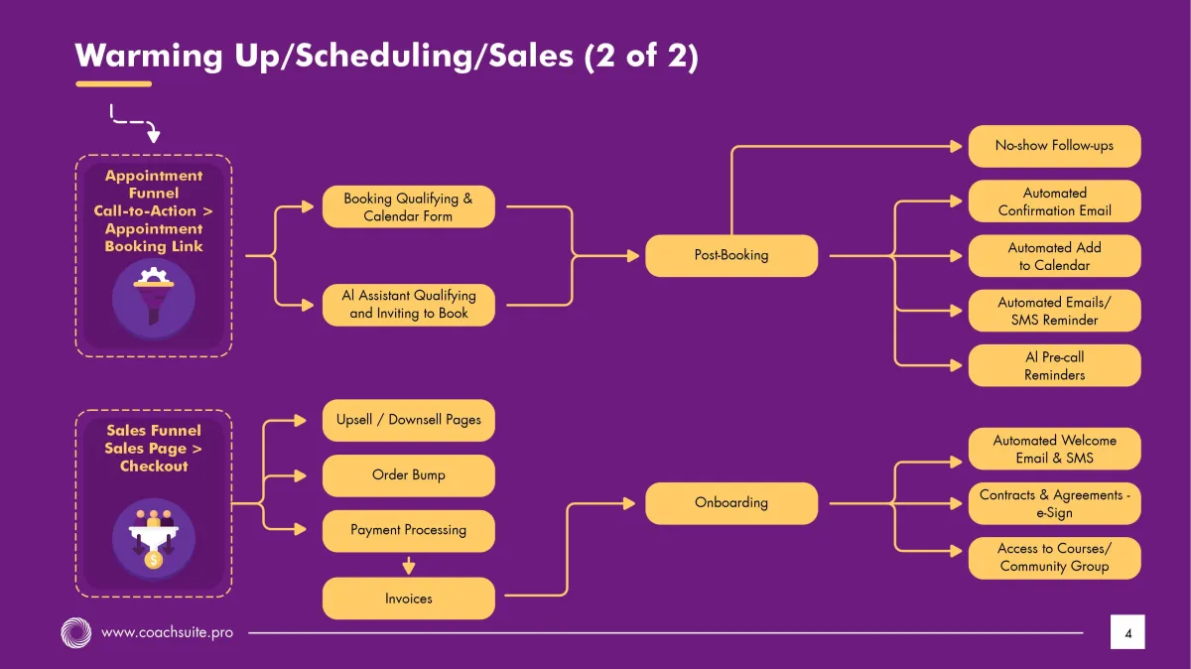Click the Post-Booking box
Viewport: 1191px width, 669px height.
click(731, 255)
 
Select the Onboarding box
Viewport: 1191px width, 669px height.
click(731, 502)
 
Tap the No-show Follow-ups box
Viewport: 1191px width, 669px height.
click(1054, 146)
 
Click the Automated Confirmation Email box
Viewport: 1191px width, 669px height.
click(1054, 201)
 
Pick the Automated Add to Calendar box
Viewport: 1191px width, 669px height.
click(1054, 256)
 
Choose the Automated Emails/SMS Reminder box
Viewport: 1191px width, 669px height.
click(1054, 311)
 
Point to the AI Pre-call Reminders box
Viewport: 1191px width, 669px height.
click(1054, 365)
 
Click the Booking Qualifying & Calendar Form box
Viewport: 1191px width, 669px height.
click(408, 206)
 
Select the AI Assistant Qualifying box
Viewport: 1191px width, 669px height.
click(408, 304)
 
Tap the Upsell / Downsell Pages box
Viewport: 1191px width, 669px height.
click(408, 420)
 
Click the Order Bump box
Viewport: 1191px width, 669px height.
click(408, 475)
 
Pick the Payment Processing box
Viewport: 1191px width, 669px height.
click(408, 530)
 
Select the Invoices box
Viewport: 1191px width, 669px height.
click(408, 599)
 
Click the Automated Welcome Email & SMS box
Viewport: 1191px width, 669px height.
click(1054, 449)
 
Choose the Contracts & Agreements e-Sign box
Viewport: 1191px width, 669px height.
click(1054, 503)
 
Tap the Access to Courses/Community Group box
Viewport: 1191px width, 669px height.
click(1054, 558)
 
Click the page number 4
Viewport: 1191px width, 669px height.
click(1127, 632)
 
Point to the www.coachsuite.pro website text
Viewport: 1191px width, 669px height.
click(167, 631)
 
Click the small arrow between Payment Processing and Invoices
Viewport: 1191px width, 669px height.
click(408, 565)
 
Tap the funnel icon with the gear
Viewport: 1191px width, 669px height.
click(153, 297)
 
